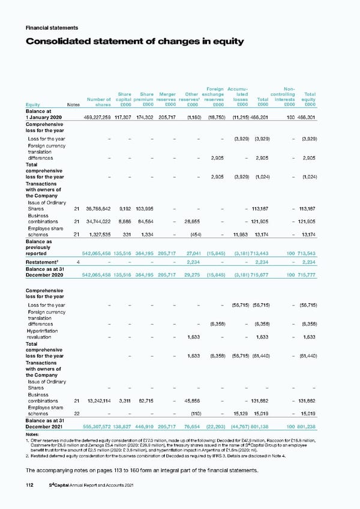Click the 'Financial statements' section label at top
click(x=50, y=28)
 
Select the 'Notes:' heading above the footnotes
click(x=34, y=435)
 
